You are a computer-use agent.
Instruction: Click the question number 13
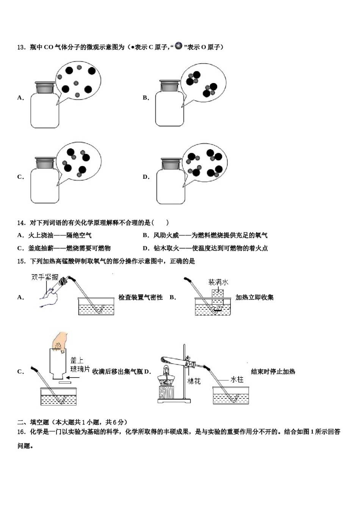tap(21, 47)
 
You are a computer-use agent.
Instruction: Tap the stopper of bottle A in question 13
tap(45, 87)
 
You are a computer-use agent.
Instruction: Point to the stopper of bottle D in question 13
tap(172, 164)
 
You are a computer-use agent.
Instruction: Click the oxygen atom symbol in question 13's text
tap(178, 46)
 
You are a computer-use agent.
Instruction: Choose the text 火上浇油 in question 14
tap(41, 236)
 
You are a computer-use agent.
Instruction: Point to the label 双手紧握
tap(45, 277)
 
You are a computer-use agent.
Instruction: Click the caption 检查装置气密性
tap(140, 298)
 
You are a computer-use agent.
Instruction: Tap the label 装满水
tap(218, 282)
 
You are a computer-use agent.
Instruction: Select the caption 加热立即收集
tap(254, 298)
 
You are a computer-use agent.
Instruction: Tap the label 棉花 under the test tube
tap(194, 381)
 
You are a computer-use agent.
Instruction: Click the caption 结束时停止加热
tap(273, 372)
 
